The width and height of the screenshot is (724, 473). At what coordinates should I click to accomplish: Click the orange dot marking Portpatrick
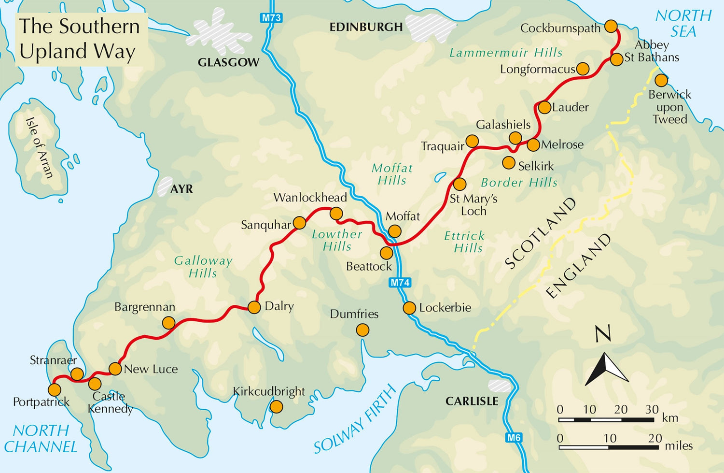tap(55, 389)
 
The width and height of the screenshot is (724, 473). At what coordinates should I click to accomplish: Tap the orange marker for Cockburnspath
tap(611, 26)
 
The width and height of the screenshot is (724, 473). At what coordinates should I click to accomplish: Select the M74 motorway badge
tap(400, 283)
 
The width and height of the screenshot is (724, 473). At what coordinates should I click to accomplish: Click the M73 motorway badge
tap(271, 18)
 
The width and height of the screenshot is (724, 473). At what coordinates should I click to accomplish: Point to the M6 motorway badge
tap(514, 438)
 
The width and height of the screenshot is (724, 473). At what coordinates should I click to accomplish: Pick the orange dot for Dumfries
tap(362, 330)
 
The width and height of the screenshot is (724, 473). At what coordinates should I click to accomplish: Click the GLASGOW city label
tap(228, 62)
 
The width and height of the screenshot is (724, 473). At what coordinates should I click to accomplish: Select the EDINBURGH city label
tap(366, 27)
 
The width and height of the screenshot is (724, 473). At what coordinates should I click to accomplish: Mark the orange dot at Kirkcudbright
tap(276, 407)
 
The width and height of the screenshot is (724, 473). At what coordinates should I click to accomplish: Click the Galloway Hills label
tap(203, 267)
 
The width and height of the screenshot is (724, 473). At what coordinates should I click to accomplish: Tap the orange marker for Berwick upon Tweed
tap(661, 80)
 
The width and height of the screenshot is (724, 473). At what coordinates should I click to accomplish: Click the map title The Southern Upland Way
tap(80, 39)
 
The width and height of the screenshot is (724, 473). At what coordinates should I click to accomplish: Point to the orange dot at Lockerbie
tap(409, 308)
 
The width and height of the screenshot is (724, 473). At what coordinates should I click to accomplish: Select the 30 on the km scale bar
tap(652, 409)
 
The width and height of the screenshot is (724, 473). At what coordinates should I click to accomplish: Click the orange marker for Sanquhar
tap(300, 223)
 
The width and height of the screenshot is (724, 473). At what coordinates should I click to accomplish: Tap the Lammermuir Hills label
tap(506, 52)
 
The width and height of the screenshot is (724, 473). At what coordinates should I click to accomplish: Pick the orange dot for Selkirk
tap(509, 163)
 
